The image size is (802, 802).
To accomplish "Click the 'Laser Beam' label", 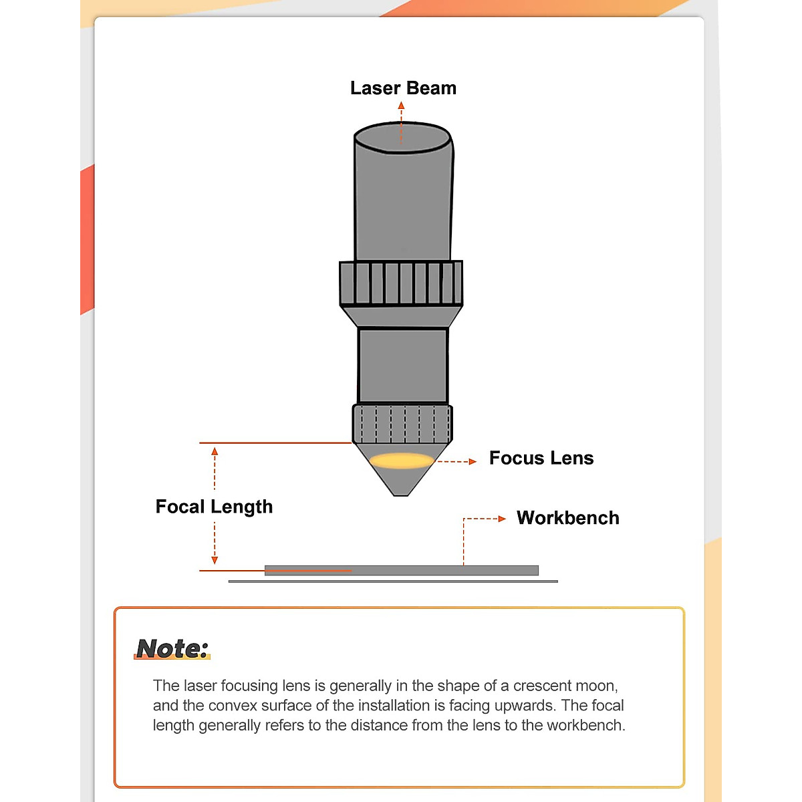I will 403,88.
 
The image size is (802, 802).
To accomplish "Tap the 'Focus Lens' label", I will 541,458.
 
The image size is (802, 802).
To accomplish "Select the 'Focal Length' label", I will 214,507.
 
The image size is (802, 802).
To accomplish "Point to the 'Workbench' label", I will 567,518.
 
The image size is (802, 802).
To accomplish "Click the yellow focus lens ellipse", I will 402,460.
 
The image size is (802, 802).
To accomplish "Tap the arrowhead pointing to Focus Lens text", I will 473,461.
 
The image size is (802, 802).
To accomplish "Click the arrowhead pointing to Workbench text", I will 502,519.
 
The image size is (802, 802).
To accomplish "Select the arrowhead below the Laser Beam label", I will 401,106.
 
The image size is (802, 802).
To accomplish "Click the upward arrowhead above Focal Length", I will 215,452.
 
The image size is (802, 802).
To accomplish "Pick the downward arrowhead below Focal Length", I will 215,560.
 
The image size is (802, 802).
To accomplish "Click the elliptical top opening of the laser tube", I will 402,138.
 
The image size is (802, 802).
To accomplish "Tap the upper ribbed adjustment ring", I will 401,283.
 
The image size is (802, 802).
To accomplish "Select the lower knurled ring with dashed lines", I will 402,423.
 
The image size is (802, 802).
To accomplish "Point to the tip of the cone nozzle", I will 400,493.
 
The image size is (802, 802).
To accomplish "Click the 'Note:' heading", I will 172,648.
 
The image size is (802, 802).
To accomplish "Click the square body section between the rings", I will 402,365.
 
